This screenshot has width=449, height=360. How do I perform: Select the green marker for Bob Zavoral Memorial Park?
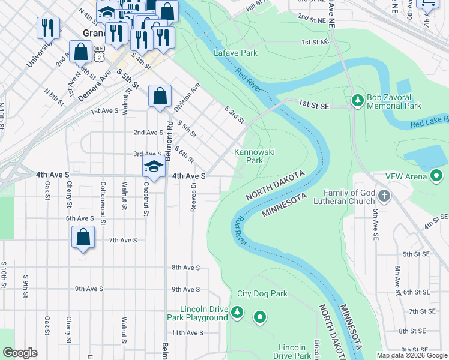[x=357, y=101]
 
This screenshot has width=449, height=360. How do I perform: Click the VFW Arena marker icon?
[x=436, y=176]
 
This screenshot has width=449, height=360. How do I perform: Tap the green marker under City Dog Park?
[x=260, y=316]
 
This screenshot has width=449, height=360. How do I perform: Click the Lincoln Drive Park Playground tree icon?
[x=237, y=312]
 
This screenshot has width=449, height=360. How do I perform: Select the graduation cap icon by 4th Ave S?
[x=154, y=167]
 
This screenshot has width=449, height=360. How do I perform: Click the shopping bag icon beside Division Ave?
[x=160, y=95]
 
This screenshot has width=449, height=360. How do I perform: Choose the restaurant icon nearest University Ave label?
[x=48, y=28]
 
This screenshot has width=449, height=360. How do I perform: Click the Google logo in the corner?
[x=20, y=352]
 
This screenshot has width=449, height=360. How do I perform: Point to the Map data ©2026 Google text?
[x=412, y=355]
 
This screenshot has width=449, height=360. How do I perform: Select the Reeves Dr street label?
[x=193, y=194]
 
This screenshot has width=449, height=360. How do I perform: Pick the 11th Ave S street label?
[x=188, y=332]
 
